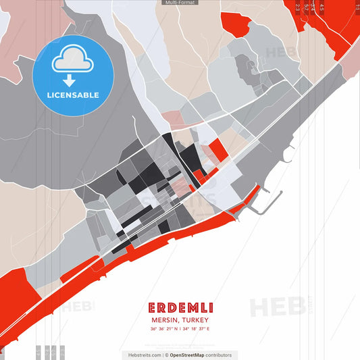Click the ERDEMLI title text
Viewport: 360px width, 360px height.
pyautogui.click(x=180, y=307)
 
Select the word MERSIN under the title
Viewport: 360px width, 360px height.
pyautogui.click(x=165, y=320)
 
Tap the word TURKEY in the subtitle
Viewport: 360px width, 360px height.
pyautogui.click(x=195, y=320)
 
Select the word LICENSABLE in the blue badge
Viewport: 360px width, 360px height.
pyautogui.click(x=73, y=95)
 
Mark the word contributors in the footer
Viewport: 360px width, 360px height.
pyautogui.click(x=220, y=355)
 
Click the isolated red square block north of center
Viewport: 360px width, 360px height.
pyautogui.click(x=217, y=149)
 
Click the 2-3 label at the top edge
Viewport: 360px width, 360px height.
pyautogui.click(x=299, y=8)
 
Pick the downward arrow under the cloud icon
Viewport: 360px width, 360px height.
pyautogui.click(x=68, y=80)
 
